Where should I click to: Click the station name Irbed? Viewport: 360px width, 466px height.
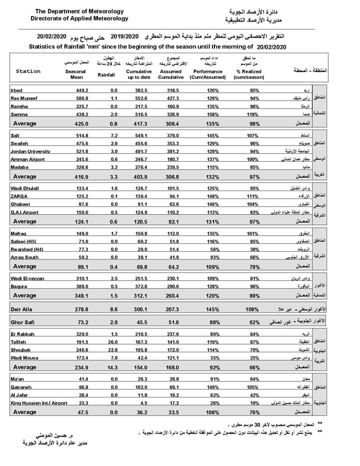pyautogui.click(x=16, y=91)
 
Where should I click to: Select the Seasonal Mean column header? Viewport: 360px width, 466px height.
pyautogui.click(x=75, y=75)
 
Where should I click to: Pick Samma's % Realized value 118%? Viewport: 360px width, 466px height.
pyautogui.click(x=255, y=114)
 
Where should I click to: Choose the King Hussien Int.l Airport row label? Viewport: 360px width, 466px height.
pyautogui.click(x=39, y=402)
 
